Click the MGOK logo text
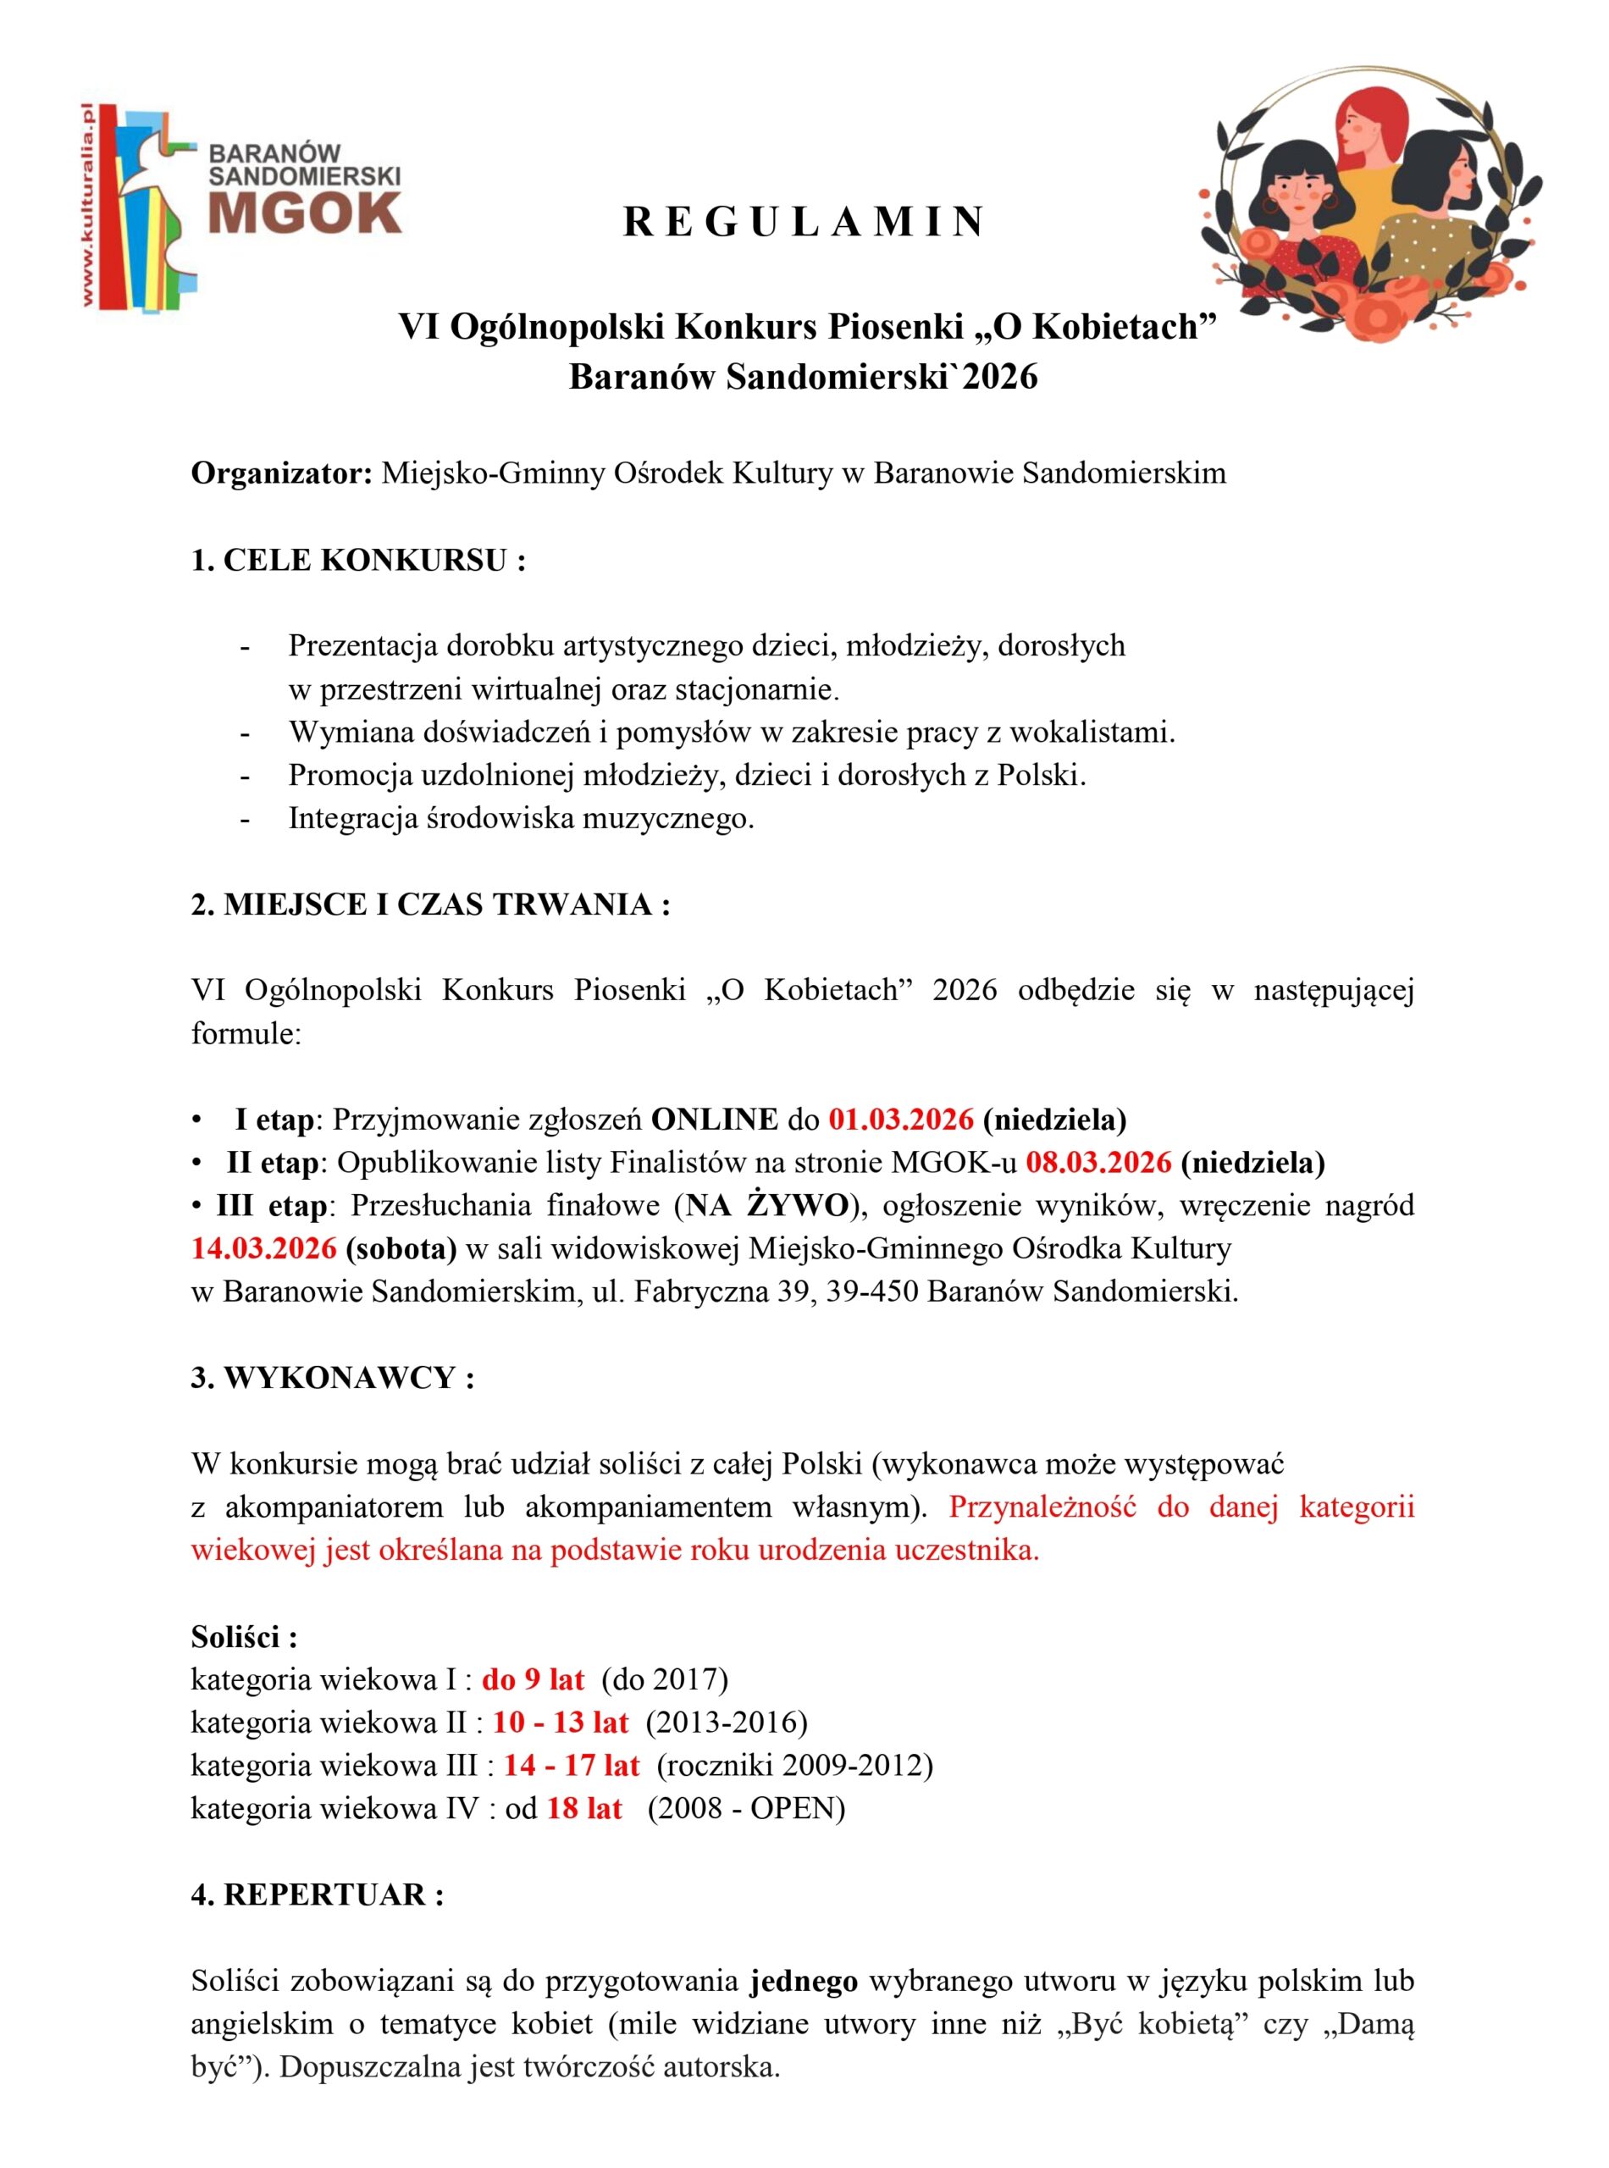click(x=305, y=212)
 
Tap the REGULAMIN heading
click(x=804, y=223)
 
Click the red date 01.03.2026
click(x=901, y=1119)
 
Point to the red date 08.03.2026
click(x=1098, y=1162)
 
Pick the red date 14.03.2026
click(x=264, y=1247)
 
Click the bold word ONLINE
click(x=714, y=1119)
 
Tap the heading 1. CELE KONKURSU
click(x=358, y=561)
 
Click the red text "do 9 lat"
click(x=533, y=1679)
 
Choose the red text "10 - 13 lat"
click(x=560, y=1722)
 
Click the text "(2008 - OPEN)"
click(x=746, y=1809)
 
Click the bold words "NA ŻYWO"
click(x=766, y=1205)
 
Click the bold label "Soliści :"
click(x=244, y=1636)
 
